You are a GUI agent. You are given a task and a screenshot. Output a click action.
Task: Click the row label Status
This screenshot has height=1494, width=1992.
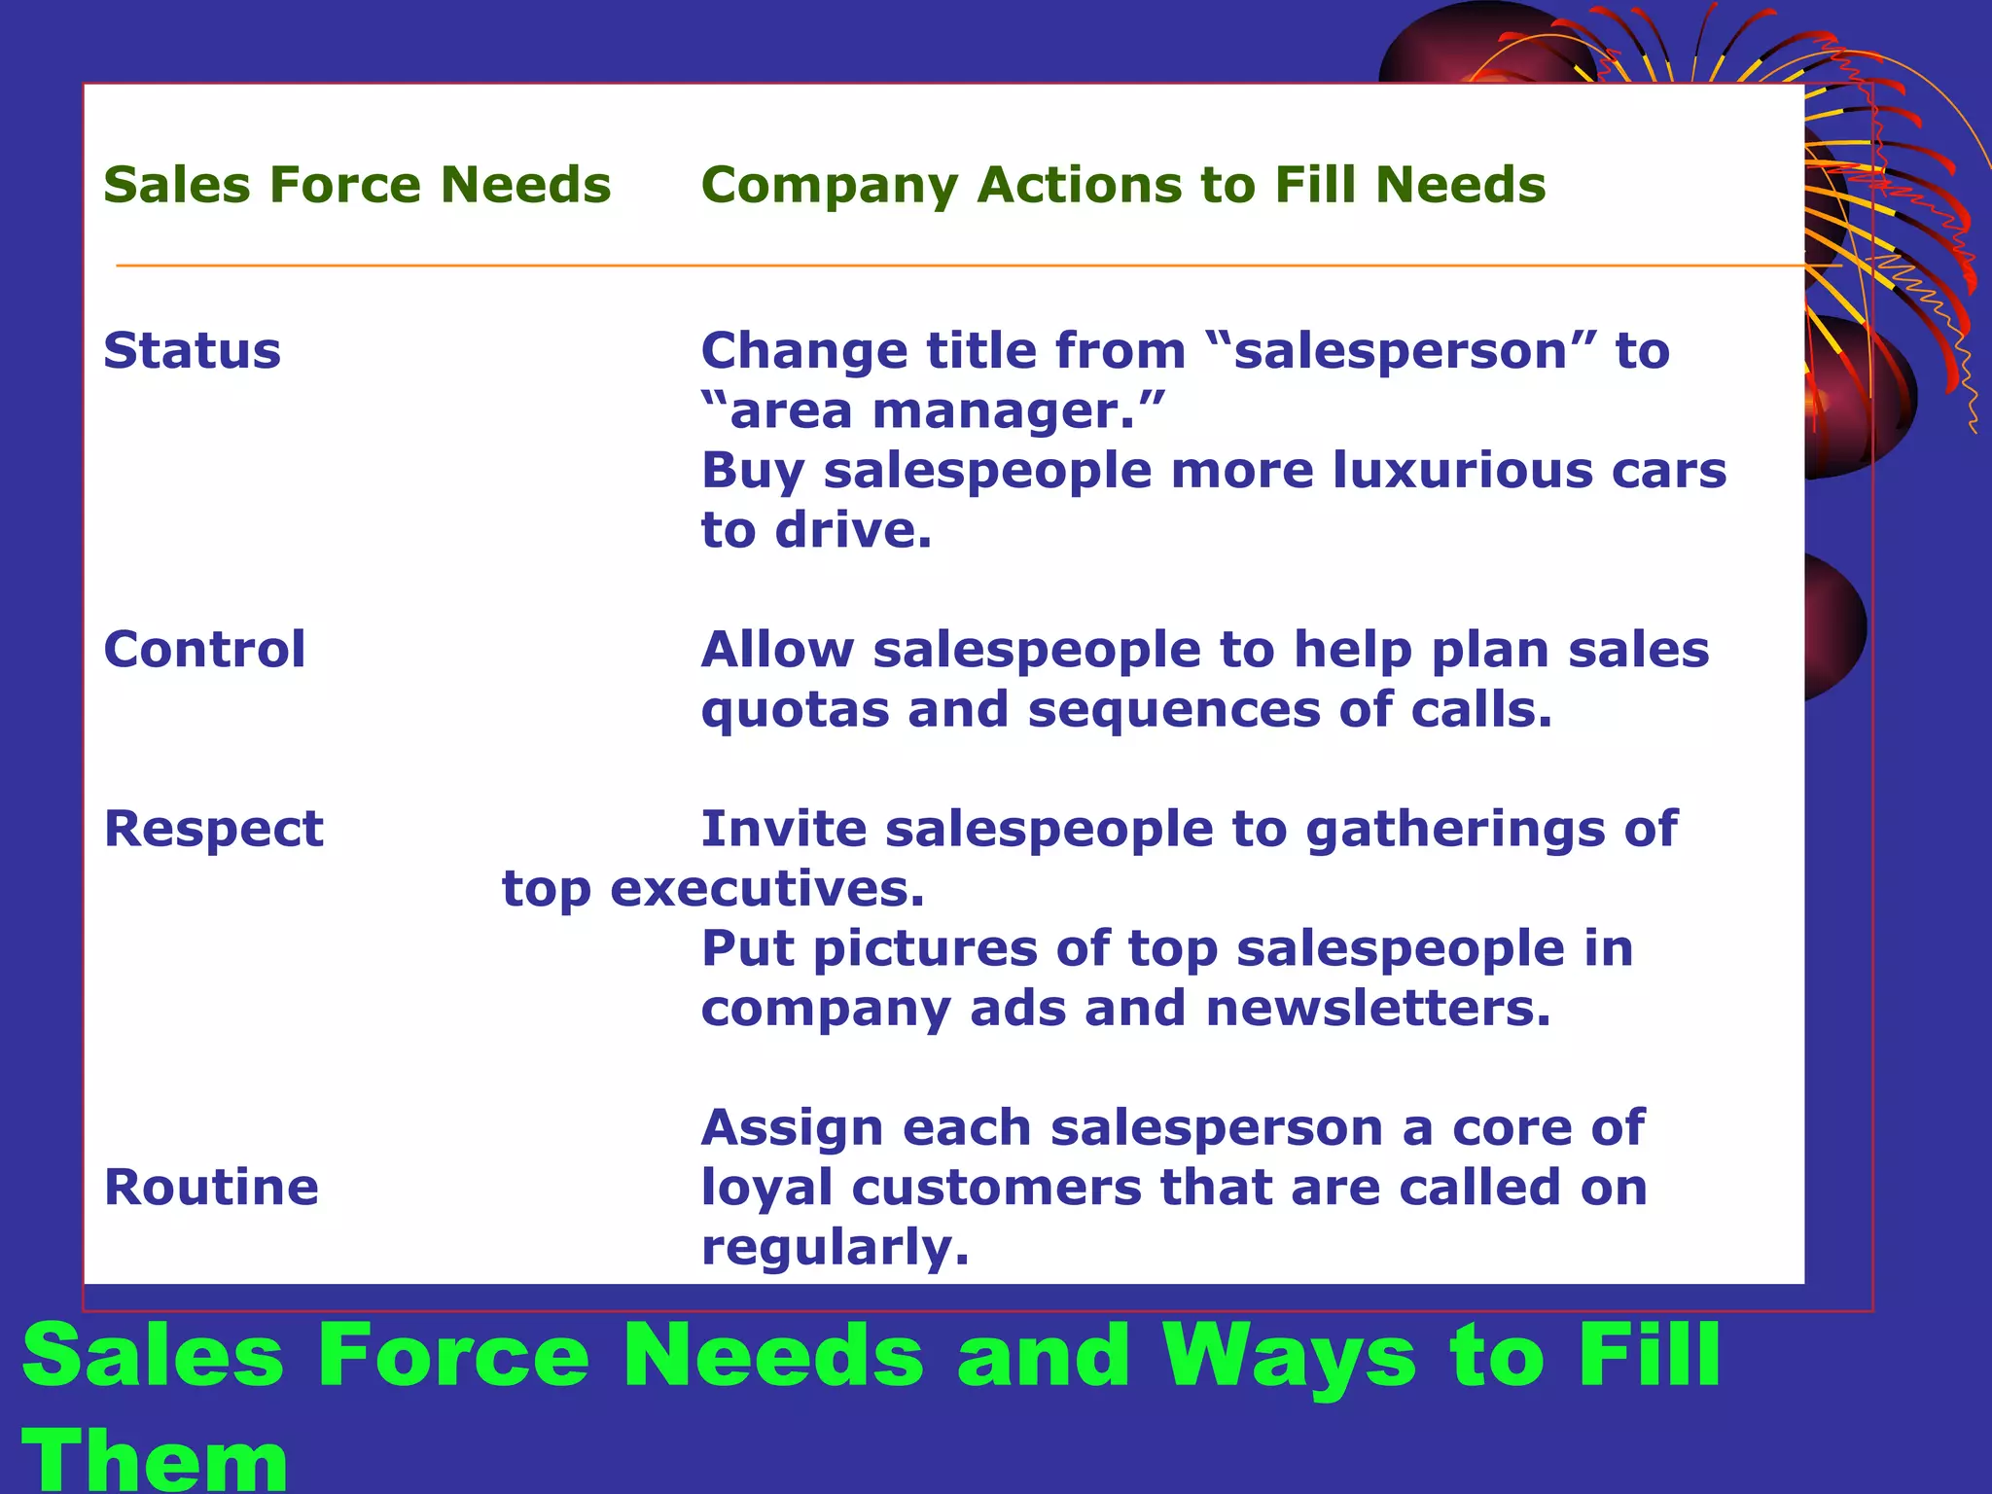[192, 350]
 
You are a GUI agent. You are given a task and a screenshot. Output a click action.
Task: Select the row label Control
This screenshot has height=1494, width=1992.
[204, 649]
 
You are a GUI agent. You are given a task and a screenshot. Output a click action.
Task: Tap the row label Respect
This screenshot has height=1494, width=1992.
[213, 829]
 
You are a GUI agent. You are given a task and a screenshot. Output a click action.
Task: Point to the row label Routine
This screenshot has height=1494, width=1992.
[211, 1187]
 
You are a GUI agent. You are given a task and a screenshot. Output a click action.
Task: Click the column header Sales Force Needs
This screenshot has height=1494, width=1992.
[357, 185]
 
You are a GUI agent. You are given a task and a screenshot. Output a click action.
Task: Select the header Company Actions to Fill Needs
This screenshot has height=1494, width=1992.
[1122, 185]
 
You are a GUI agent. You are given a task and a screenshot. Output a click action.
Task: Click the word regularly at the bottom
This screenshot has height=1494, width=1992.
[835, 1248]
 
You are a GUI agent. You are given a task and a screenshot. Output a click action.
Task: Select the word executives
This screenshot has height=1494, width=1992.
[766, 889]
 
